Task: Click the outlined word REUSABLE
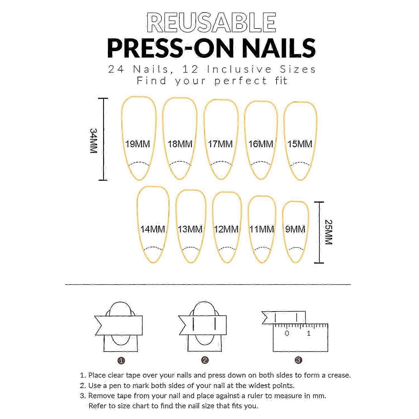coord(211,22)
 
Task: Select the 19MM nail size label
coord(137,144)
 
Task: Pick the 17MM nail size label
coord(220,144)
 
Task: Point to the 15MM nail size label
coord(300,144)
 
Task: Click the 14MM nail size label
coord(153,229)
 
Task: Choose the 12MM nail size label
coord(226,229)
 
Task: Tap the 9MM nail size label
coord(295,229)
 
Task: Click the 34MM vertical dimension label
coord(93,141)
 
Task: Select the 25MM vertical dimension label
coord(328,232)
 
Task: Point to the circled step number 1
coord(121,361)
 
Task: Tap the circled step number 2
coord(205,360)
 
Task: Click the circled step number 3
coord(298,360)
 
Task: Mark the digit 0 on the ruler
coord(287,333)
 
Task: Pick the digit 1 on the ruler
coord(309,333)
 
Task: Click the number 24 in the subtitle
coord(116,69)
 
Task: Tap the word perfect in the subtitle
coord(241,81)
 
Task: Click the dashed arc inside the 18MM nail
coord(180,162)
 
